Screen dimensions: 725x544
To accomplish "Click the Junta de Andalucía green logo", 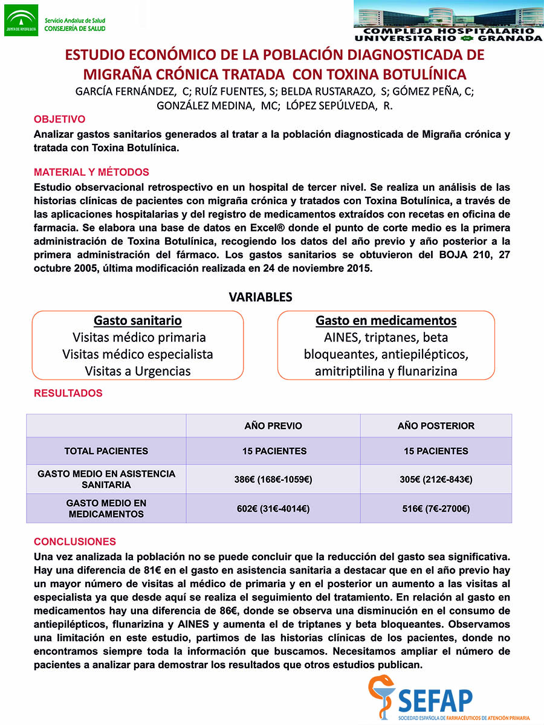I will [x=21, y=20].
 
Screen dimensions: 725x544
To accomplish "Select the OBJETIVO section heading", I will [x=59, y=119].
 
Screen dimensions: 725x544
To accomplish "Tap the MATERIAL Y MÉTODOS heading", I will [x=91, y=172].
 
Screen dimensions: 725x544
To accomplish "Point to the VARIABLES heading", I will [x=261, y=297].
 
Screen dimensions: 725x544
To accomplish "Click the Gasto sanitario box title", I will [x=138, y=320].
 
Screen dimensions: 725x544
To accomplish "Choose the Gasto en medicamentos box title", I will [x=386, y=320].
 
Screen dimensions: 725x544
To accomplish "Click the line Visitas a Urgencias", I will [x=138, y=371].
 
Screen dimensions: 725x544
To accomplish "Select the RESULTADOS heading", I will [x=68, y=393].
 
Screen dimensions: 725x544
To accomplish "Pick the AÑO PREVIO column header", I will [x=273, y=426].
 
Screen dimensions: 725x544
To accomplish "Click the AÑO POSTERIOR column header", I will [x=436, y=426].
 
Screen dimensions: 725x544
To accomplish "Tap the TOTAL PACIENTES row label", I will [x=106, y=451].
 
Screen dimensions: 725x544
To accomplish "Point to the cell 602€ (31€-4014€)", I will [x=273, y=509].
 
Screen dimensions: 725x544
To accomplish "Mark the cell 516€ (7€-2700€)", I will [x=436, y=509].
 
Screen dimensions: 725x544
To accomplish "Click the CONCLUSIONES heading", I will [x=75, y=541].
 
